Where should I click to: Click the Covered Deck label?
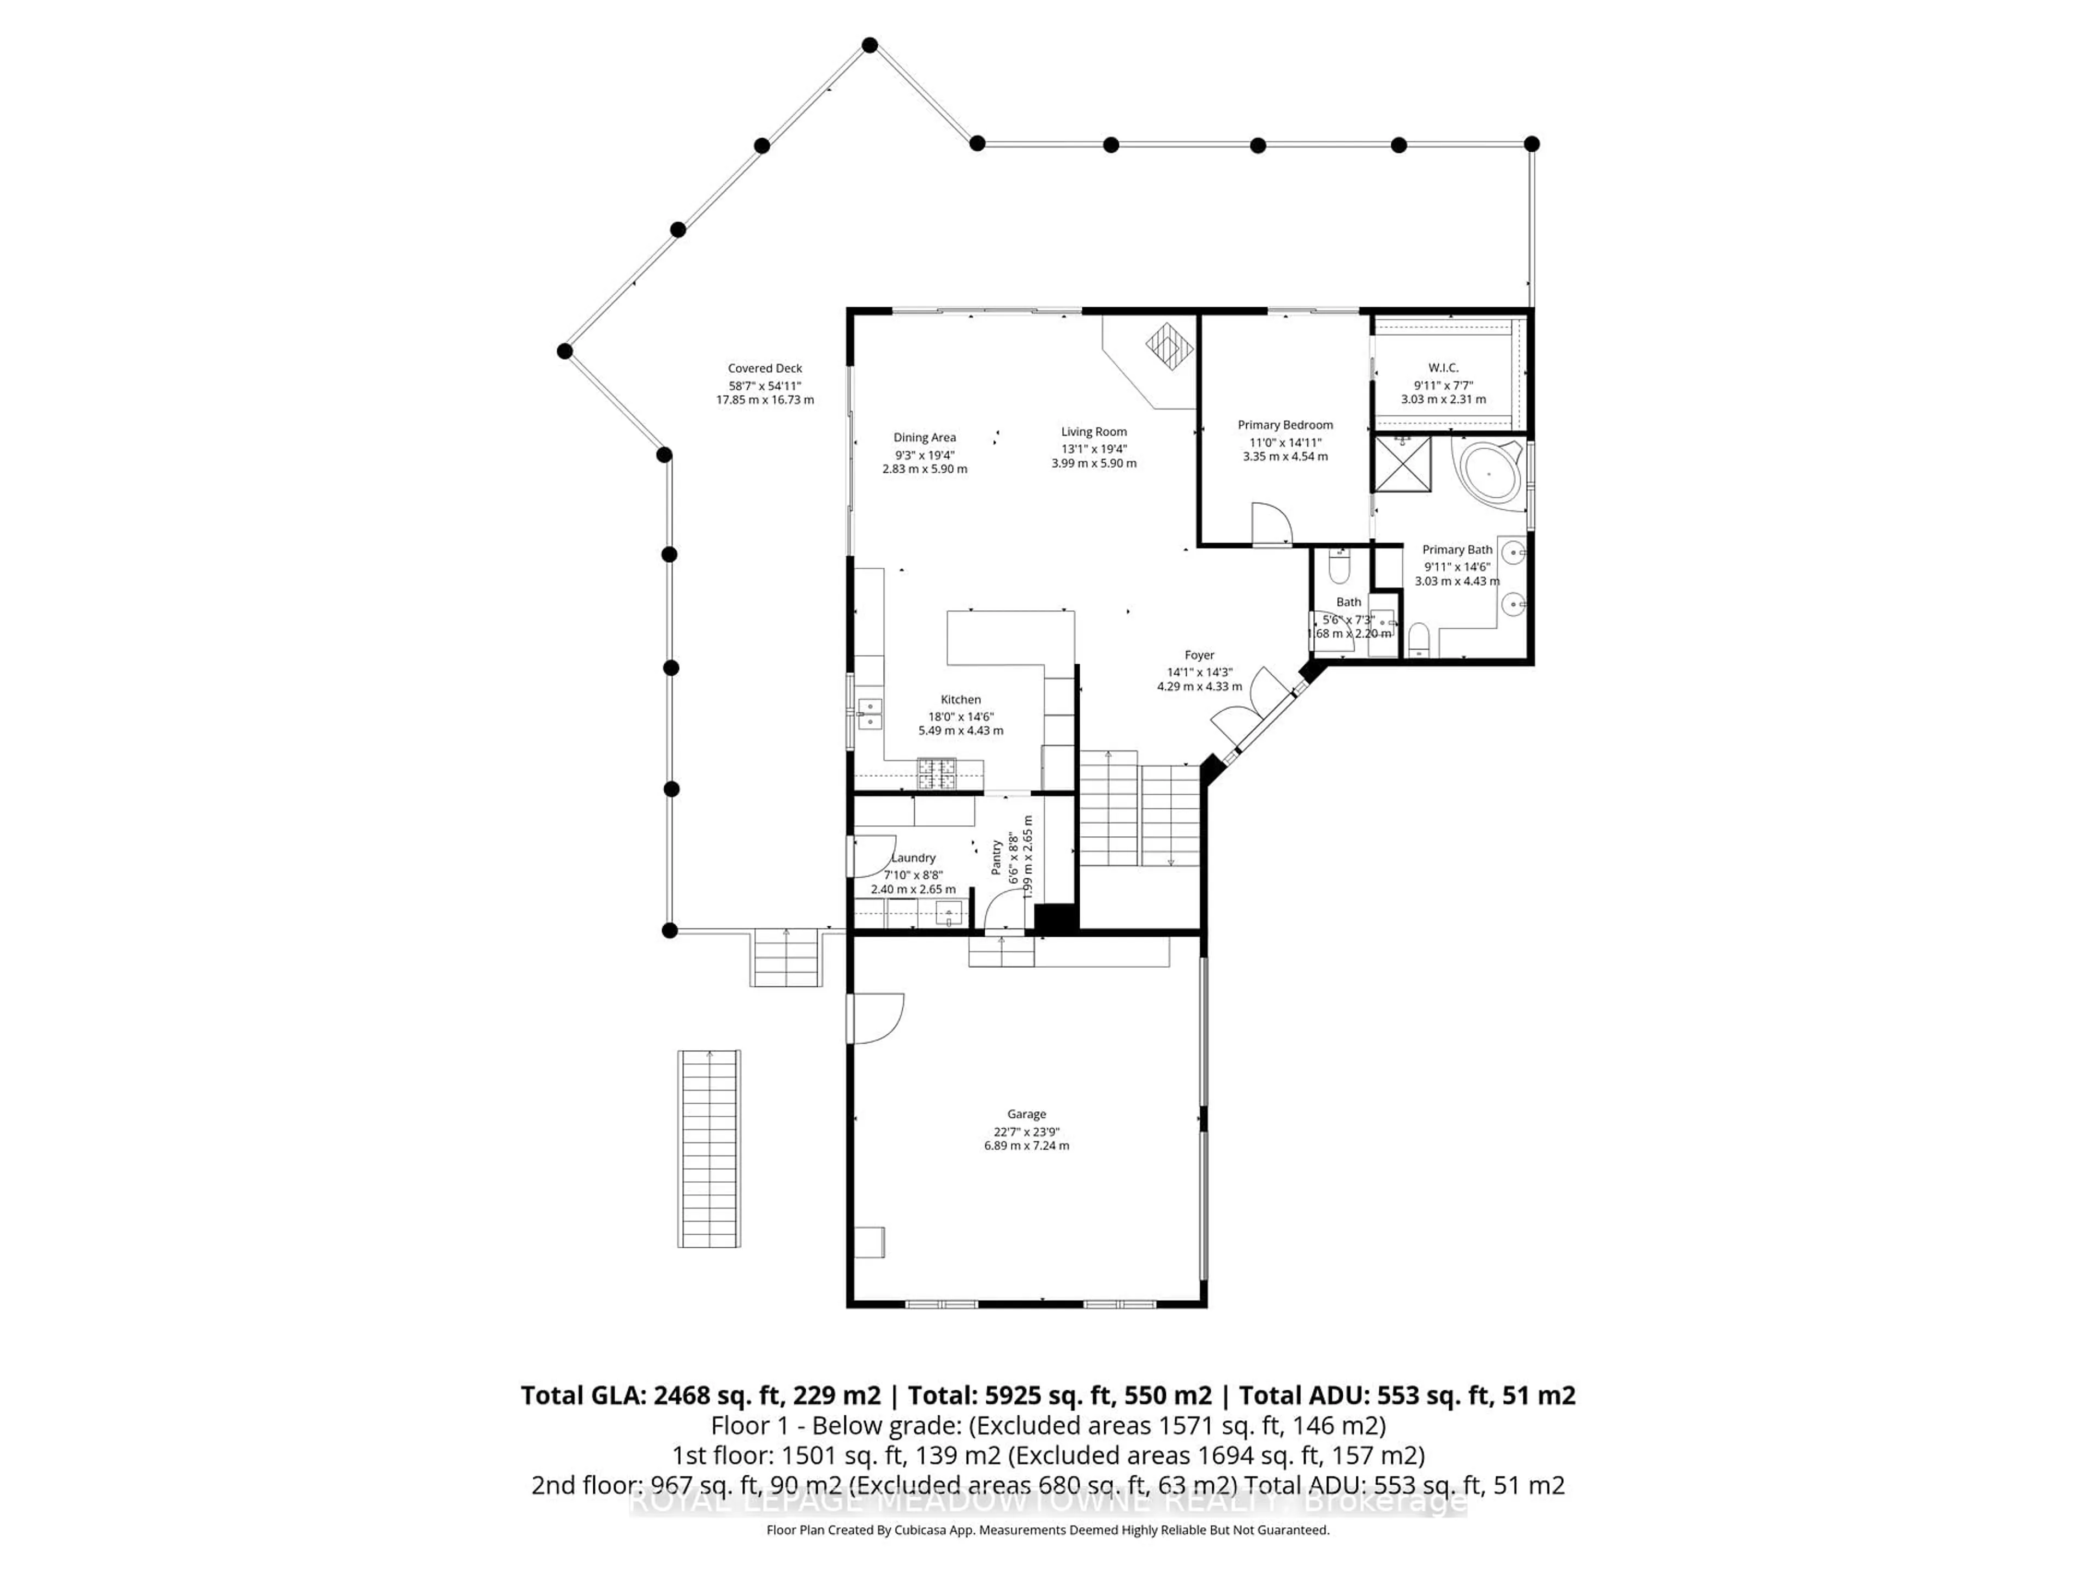[x=765, y=368]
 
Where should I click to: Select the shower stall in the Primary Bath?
[x=1402, y=465]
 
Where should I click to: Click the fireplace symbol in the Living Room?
[x=1170, y=346]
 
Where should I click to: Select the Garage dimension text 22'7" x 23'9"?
[x=1026, y=1132]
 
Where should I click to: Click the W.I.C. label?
[x=1443, y=368]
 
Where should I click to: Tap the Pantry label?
[x=997, y=856]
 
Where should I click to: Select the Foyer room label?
[x=1199, y=655]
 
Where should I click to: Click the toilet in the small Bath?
[x=1339, y=569]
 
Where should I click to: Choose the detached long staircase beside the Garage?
[x=709, y=1148]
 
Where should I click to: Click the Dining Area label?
[x=924, y=438]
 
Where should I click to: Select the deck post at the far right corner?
[x=1531, y=144]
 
